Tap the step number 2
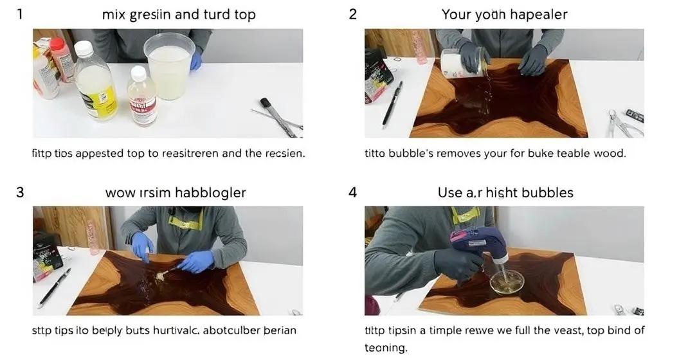352,14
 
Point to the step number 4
352,192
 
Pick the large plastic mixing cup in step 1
169,66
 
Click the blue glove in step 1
195,60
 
